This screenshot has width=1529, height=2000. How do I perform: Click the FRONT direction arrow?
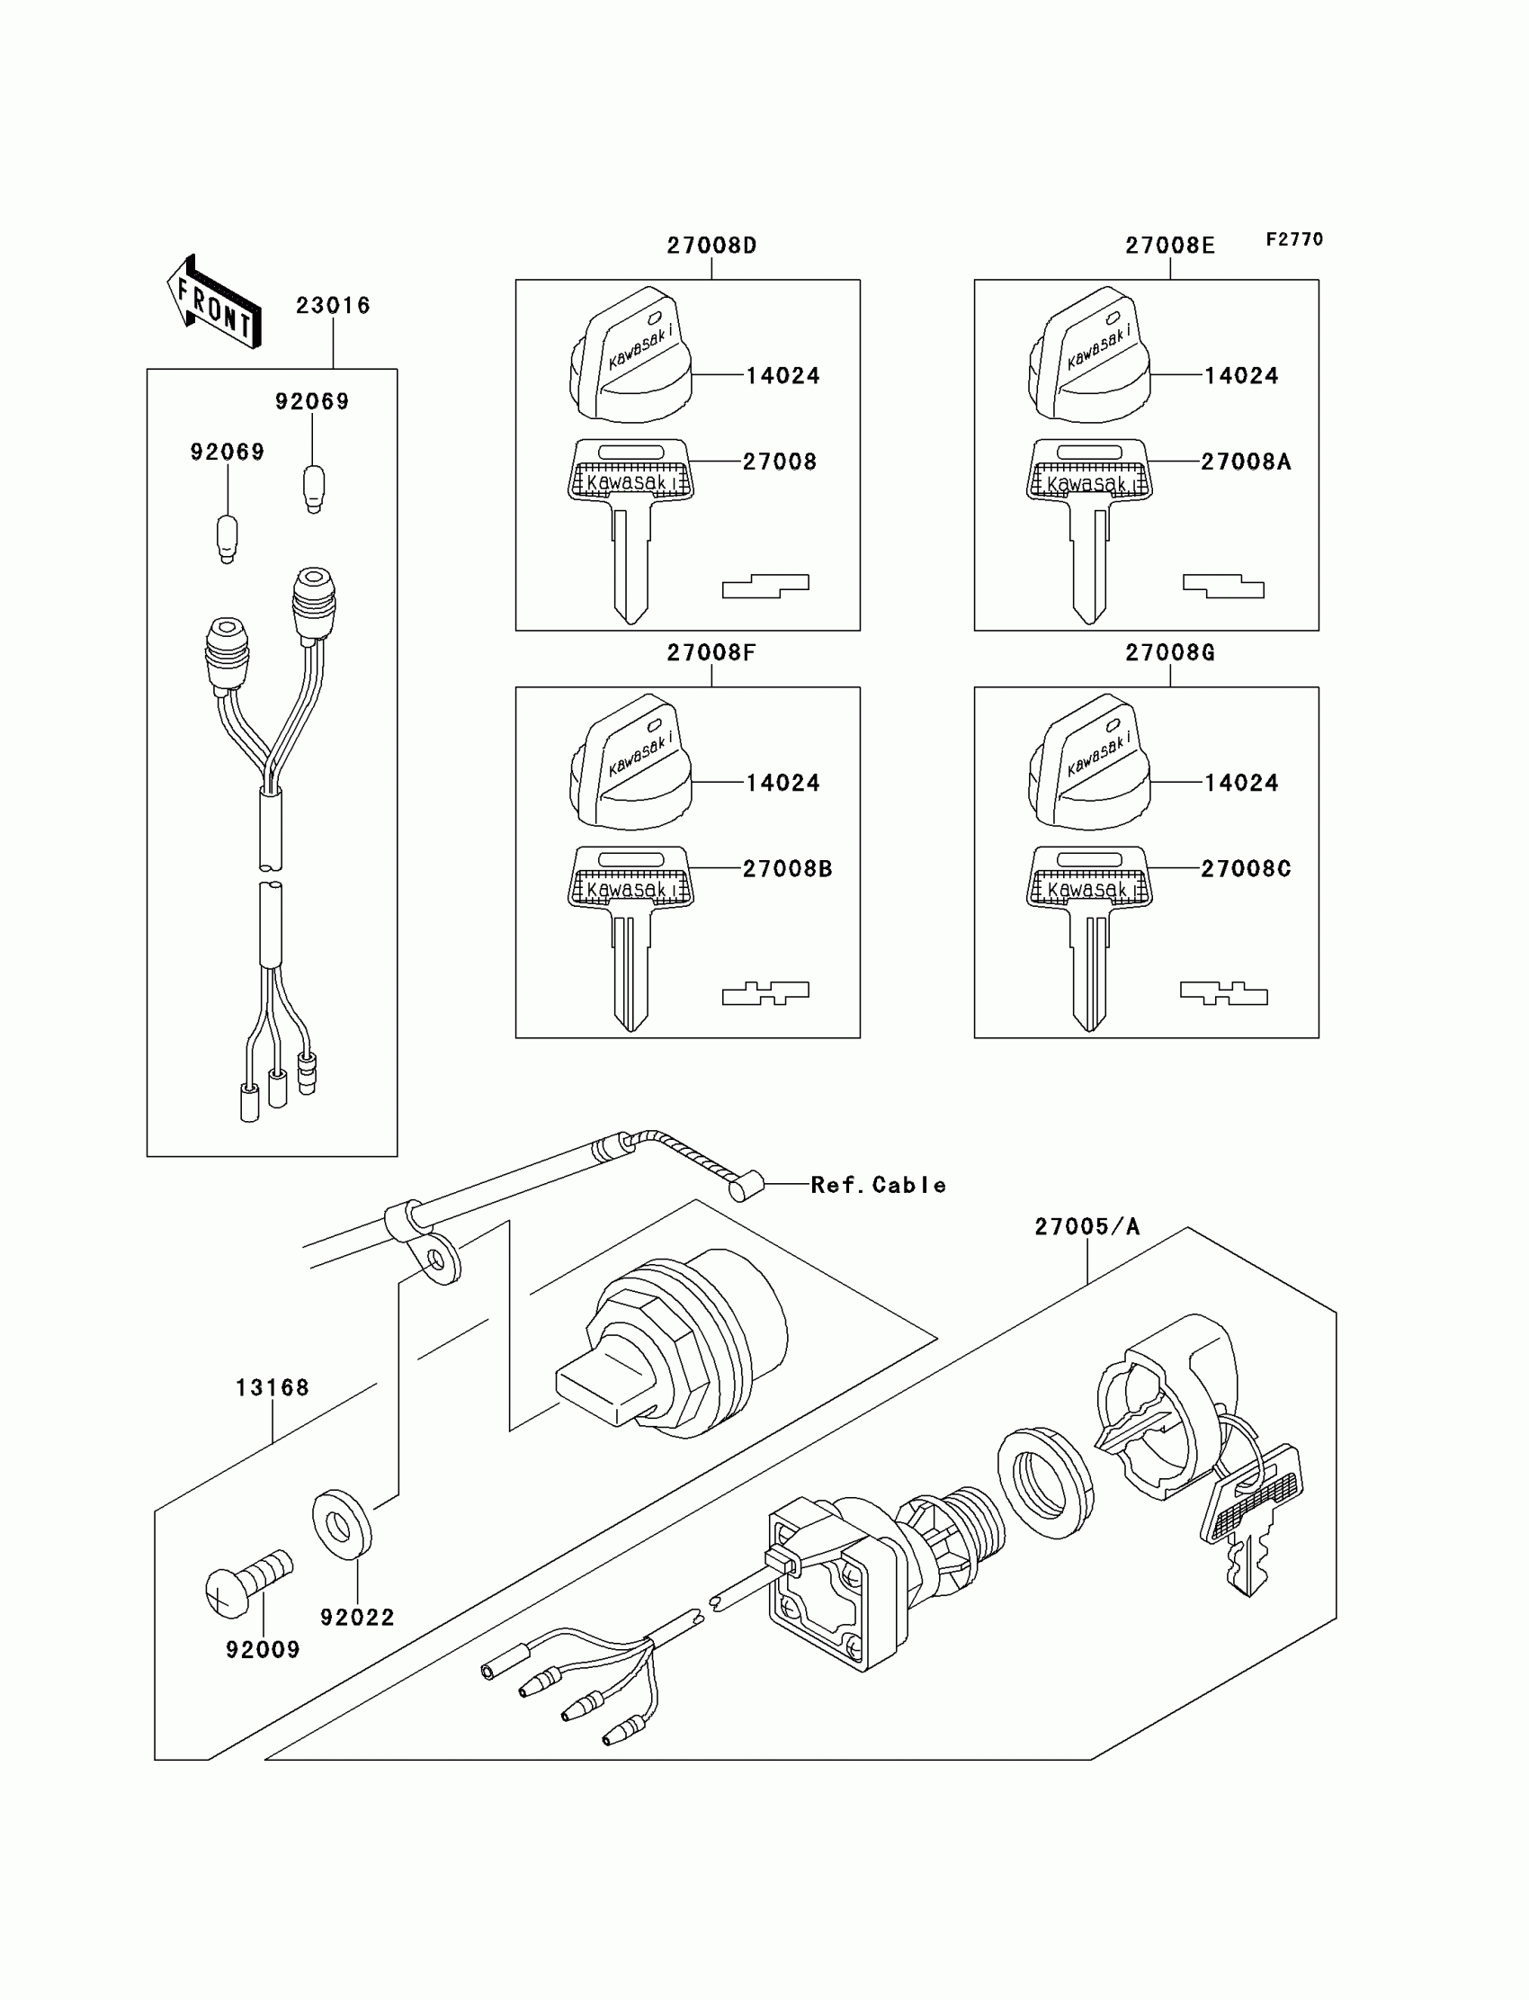pyautogui.click(x=214, y=301)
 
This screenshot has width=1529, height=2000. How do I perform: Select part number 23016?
pyautogui.click(x=333, y=306)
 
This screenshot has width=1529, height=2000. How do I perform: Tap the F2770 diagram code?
pyautogui.click(x=1294, y=239)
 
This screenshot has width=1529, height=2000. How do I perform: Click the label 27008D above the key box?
pyautogui.click(x=711, y=246)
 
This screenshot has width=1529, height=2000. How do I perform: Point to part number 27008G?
pyautogui.click(x=1169, y=652)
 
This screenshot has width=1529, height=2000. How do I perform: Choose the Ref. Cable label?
pyautogui.click(x=878, y=1185)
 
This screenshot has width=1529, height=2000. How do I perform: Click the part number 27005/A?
pyautogui.click(x=1086, y=1227)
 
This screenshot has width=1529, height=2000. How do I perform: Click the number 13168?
pyautogui.click(x=273, y=1388)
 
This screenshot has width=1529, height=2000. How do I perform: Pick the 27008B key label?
pyautogui.click(x=787, y=869)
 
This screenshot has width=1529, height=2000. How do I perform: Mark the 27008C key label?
pyautogui.click(x=1245, y=869)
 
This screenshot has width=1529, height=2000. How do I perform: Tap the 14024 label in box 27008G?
pyautogui.click(x=1241, y=783)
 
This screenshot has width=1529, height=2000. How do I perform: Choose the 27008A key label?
pyautogui.click(x=1245, y=462)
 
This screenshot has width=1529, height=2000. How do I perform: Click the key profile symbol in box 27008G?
pyautogui.click(x=1223, y=993)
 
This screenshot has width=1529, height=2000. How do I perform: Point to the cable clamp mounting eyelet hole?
pyautogui.click(x=435, y=1260)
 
